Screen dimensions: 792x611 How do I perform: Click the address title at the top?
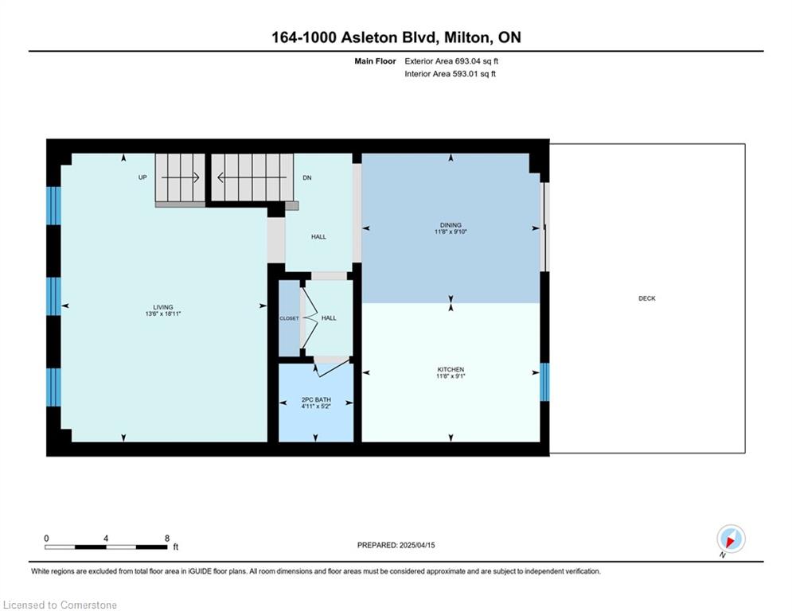(396, 37)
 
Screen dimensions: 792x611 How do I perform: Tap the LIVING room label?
(163, 307)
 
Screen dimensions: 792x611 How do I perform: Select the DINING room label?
(451, 225)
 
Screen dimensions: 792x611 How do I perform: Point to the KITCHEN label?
(451, 370)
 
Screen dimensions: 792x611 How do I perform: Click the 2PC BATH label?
(316, 399)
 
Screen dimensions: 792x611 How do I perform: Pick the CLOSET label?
(290, 318)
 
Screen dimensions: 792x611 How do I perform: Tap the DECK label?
(647, 298)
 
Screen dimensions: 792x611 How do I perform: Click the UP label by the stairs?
(143, 177)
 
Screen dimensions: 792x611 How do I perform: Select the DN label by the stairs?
(307, 177)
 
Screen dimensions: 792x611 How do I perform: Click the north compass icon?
(731, 539)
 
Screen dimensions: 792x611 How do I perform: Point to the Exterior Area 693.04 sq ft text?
(451, 61)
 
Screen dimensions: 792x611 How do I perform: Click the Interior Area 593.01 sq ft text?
(450, 74)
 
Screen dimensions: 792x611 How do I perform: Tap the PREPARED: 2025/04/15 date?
(396, 545)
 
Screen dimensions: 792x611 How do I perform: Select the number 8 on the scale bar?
(167, 539)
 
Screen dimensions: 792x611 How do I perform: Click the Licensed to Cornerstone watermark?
(60, 605)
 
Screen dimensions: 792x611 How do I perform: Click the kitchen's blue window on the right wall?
(545, 382)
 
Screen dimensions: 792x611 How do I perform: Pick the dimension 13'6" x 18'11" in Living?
(163, 313)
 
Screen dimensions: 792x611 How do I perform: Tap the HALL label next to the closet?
(329, 318)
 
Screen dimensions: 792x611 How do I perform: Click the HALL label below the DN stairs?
(318, 237)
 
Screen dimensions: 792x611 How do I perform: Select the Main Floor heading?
(375, 61)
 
